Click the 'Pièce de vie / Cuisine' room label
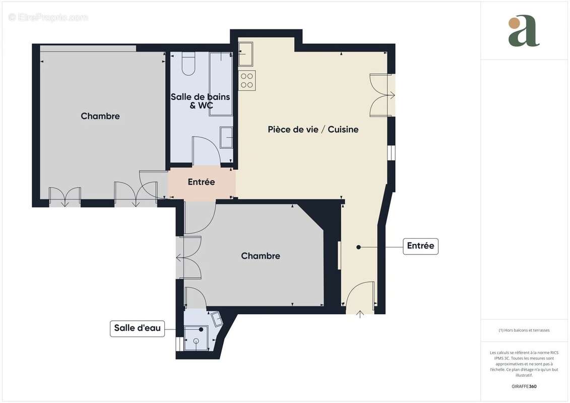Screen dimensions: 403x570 pyautogui.click(x=313, y=129)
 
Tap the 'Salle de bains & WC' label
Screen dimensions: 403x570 pyautogui.click(x=200, y=101)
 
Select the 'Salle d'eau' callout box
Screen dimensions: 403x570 pyautogui.click(x=137, y=328)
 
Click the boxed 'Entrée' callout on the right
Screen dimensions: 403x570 pyautogui.click(x=420, y=246)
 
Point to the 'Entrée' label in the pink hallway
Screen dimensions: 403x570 pyautogui.click(x=201, y=182)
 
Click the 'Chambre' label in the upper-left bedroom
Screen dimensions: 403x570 pyautogui.click(x=100, y=116)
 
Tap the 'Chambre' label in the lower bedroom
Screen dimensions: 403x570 pyautogui.click(x=260, y=256)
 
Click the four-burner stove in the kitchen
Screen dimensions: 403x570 pyautogui.click(x=247, y=81)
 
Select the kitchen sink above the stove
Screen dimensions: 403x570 pyautogui.click(x=245, y=54)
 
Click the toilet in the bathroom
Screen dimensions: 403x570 pyautogui.click(x=188, y=64)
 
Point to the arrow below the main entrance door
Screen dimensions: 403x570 pyautogui.click(x=360, y=315)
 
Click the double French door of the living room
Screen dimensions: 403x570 pyautogui.click(x=382, y=95)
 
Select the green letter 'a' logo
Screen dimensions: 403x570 pyautogui.click(x=523, y=31)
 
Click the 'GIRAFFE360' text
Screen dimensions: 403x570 pyautogui.click(x=524, y=386)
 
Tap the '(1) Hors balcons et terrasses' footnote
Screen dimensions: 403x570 pyautogui.click(x=524, y=330)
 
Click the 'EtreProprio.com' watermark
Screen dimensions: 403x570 pyautogui.click(x=48, y=18)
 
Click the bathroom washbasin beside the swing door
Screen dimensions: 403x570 pyautogui.click(x=226, y=138)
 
